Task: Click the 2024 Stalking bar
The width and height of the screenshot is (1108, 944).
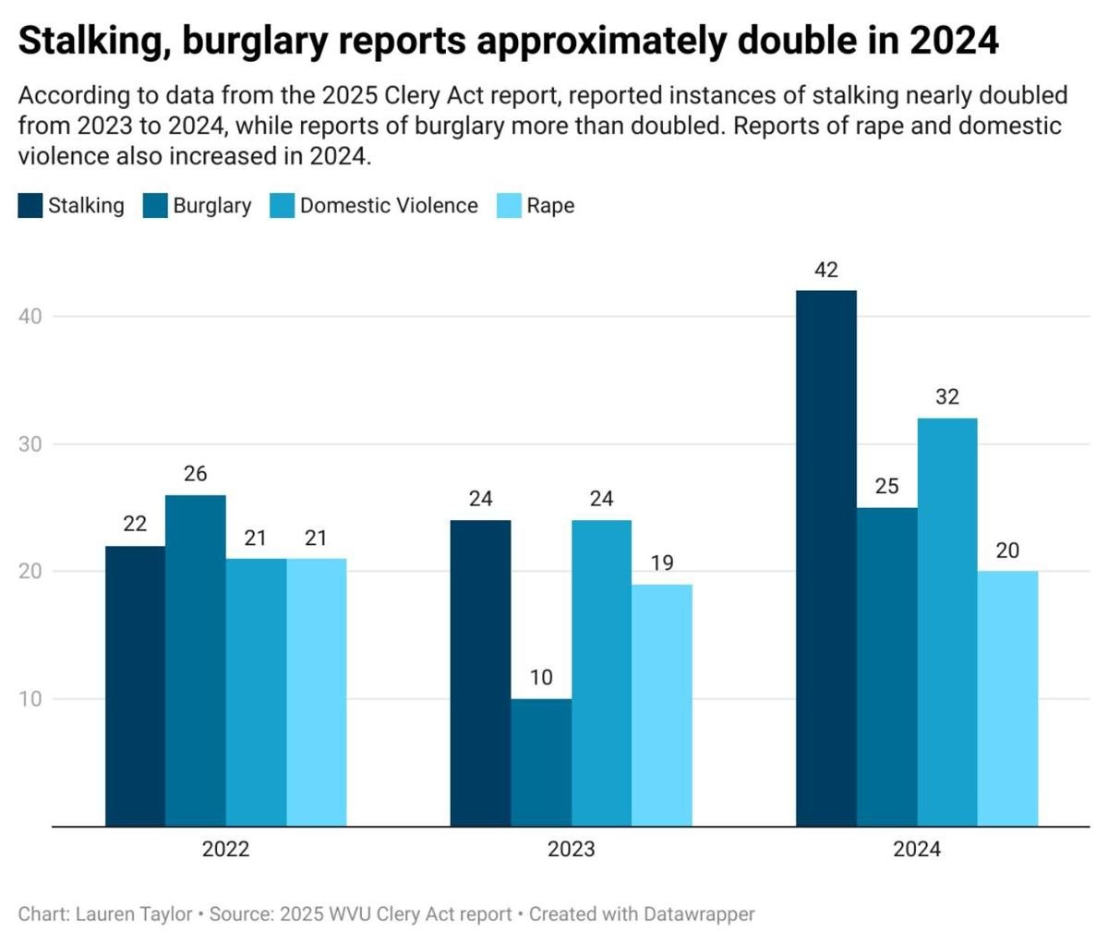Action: (x=825, y=558)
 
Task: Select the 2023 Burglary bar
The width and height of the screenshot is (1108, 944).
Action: (x=541, y=762)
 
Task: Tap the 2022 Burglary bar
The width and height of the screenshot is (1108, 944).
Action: (x=196, y=660)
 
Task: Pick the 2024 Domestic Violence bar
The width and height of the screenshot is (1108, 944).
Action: (x=947, y=622)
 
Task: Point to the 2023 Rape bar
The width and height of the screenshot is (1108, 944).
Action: (x=662, y=705)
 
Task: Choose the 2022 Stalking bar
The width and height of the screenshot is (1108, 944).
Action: (x=135, y=685)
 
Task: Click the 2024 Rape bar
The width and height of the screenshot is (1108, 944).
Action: (x=1007, y=698)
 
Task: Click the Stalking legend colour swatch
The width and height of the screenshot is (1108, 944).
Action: (x=30, y=206)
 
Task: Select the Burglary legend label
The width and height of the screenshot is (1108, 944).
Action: (x=212, y=206)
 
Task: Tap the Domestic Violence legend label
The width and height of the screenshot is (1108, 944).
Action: (x=389, y=206)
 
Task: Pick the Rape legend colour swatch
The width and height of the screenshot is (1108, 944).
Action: (x=510, y=206)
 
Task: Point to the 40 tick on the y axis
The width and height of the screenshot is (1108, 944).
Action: (x=30, y=317)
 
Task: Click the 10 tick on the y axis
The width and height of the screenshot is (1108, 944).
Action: (x=30, y=699)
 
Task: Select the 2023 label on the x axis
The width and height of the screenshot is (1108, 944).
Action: (x=571, y=850)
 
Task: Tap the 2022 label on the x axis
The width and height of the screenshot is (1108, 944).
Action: (x=225, y=850)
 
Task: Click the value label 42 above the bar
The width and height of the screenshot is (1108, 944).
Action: (x=825, y=271)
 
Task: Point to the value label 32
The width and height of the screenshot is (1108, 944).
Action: (x=947, y=397)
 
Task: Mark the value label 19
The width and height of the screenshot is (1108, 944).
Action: (x=662, y=563)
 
